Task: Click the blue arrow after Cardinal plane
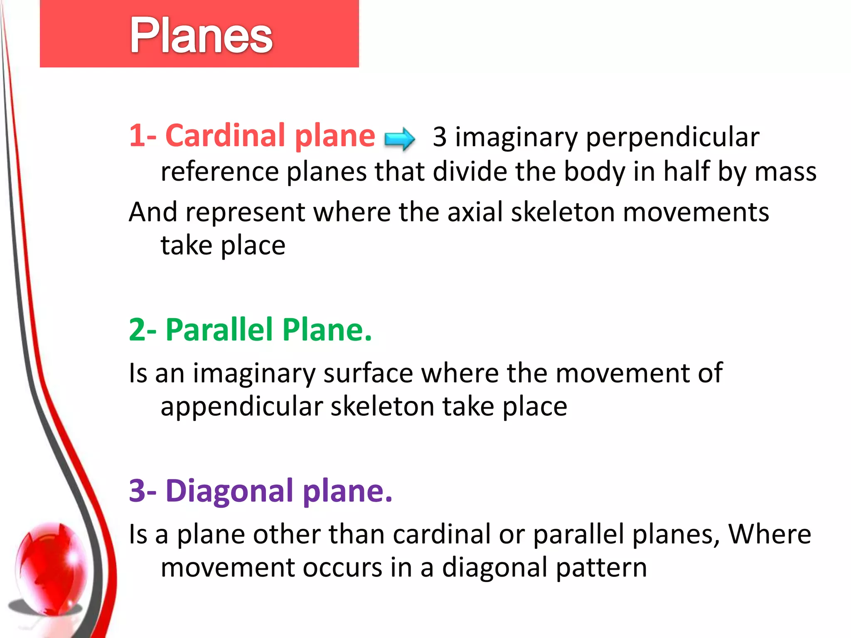click(x=399, y=138)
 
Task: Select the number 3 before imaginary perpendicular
click(x=439, y=137)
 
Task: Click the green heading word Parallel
click(x=219, y=330)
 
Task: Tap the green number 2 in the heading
click(x=137, y=330)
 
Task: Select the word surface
click(x=368, y=373)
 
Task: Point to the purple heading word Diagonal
click(x=230, y=491)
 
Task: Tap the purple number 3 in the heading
click(x=137, y=491)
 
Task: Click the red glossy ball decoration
click(x=52, y=565)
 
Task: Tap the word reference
click(x=219, y=172)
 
